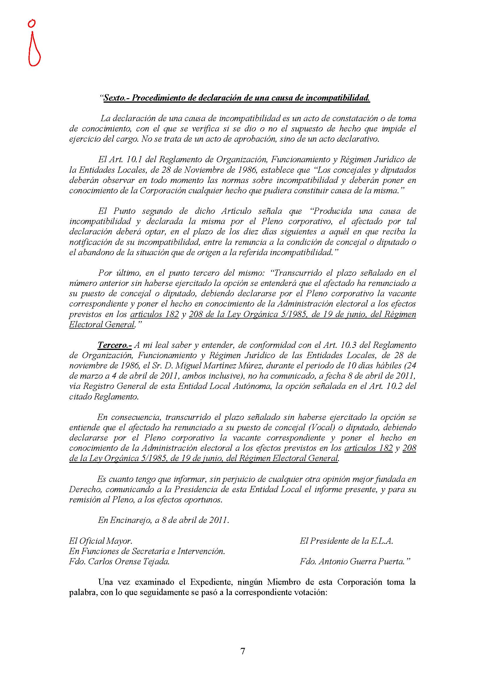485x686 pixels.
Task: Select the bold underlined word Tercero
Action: [114, 345]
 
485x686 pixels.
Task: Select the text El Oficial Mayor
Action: [100, 541]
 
